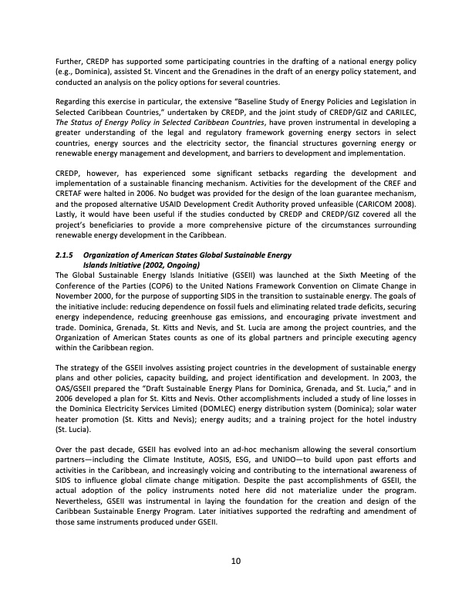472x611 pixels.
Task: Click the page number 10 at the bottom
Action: click(236, 560)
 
